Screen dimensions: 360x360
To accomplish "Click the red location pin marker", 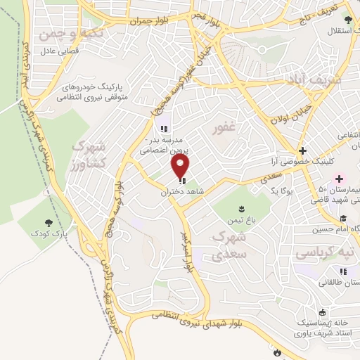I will point(181,166).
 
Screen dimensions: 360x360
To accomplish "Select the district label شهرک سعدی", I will point(229,245).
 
